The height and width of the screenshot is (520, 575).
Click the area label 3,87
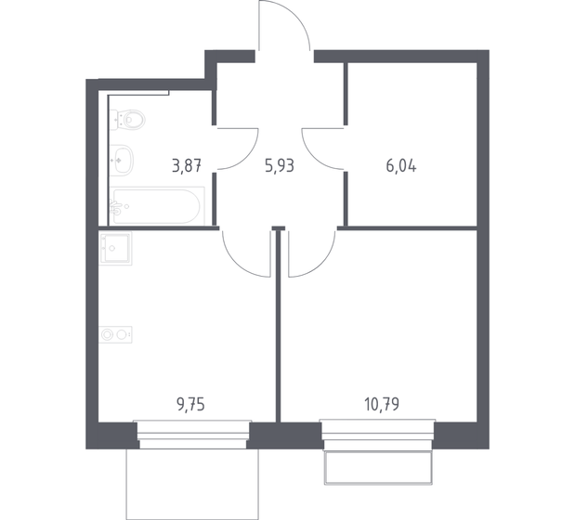[187, 168]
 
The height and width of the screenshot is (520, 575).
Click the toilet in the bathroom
[129, 119]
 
